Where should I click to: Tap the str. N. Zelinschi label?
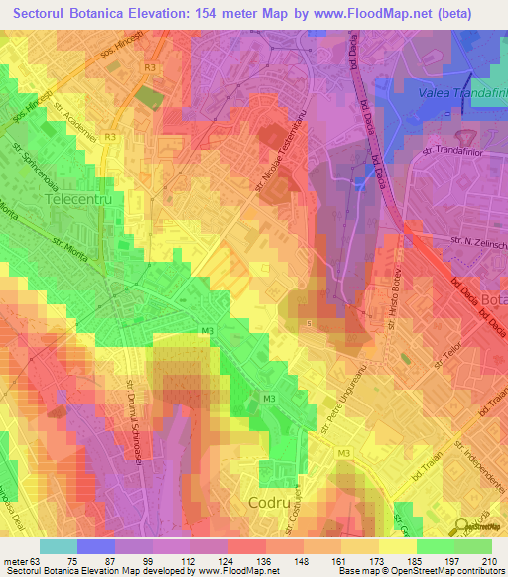click(x=478, y=242)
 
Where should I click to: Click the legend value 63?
click(x=33, y=534)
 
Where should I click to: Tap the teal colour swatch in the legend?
click(x=58, y=546)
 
